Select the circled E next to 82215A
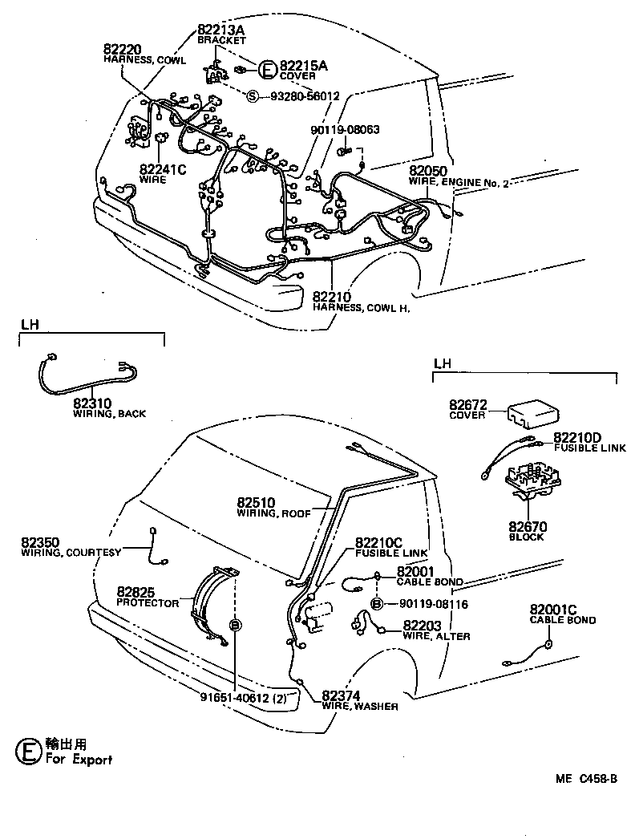(268, 68)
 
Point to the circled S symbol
(253, 95)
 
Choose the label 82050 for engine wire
(427, 172)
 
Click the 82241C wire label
(163, 169)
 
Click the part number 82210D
(577, 437)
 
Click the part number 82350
(41, 543)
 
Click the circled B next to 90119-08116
(376, 604)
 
